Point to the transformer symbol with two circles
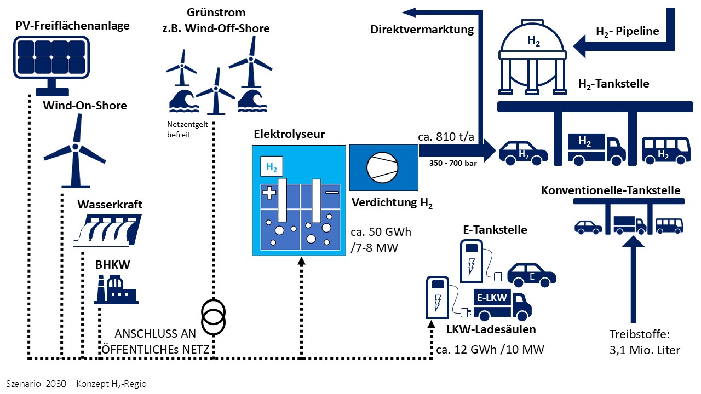213,316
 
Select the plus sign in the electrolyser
268,193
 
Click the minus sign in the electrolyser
332,193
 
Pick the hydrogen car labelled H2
523,152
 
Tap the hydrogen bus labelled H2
665,150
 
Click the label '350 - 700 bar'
449,163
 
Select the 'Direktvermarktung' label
422,30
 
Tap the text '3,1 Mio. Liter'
645,350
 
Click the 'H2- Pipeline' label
627,31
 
